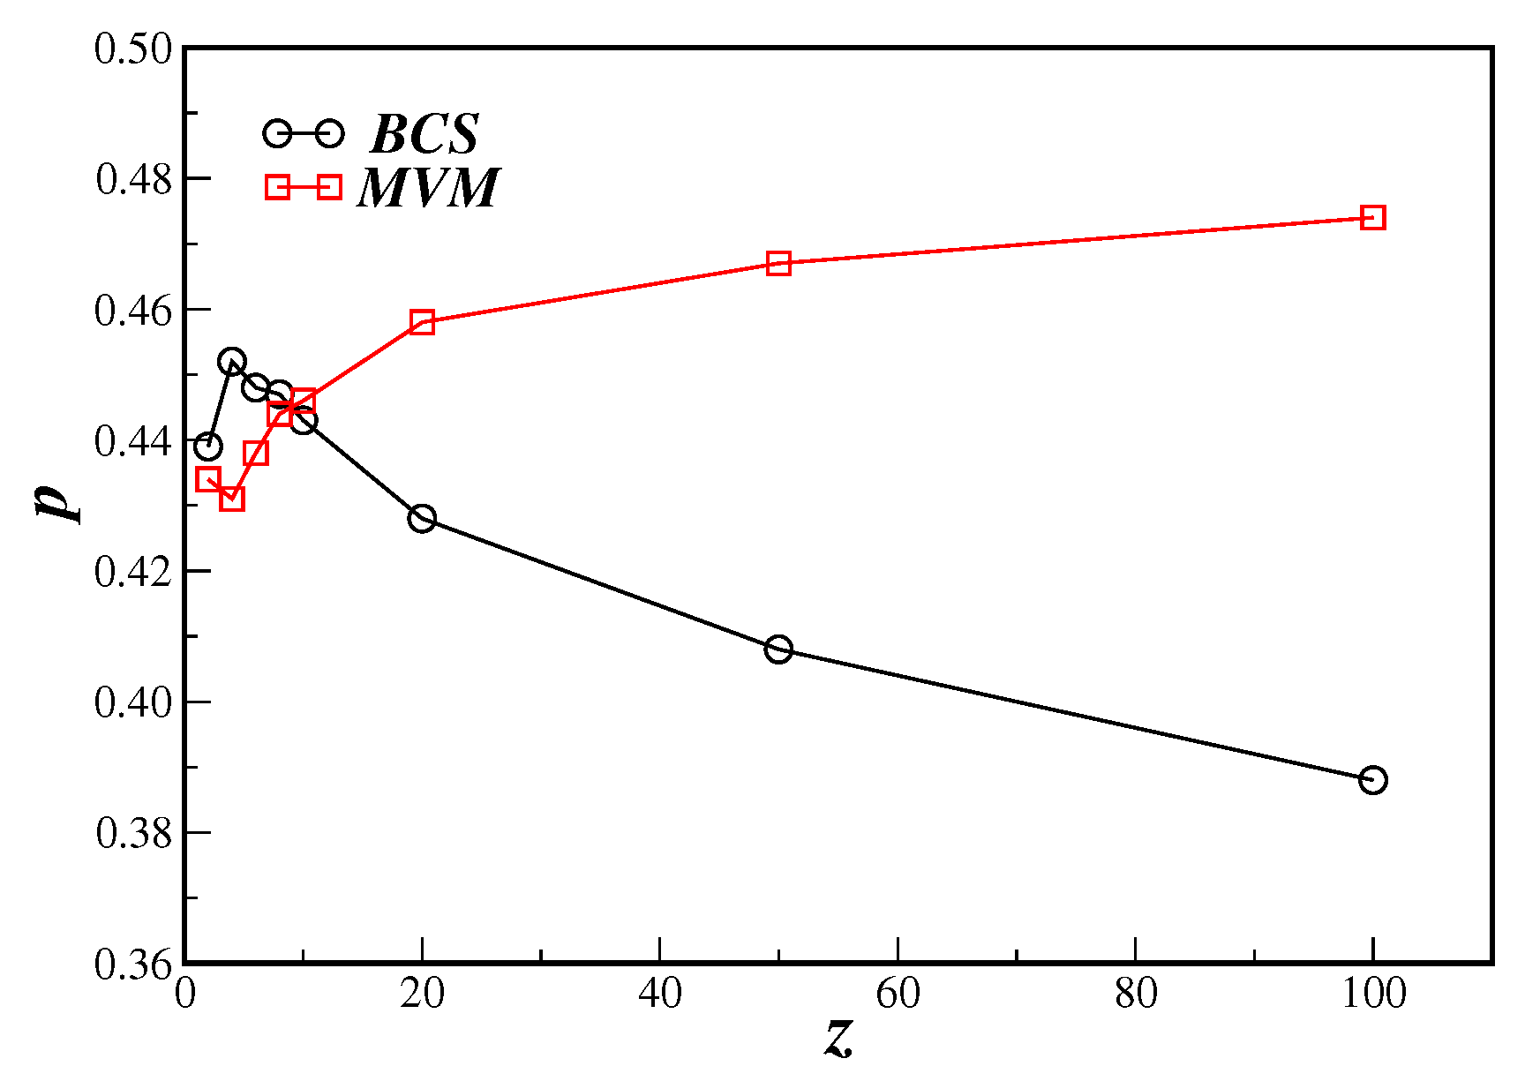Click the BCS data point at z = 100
tap(1372, 780)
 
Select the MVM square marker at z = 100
tap(1372, 218)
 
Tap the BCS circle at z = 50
tap(778, 649)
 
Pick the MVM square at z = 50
tap(778, 263)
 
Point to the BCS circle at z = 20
tap(422, 518)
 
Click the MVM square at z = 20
tap(422, 321)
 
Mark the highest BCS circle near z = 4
tap(232, 361)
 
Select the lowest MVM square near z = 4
tap(231, 499)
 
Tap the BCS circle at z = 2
tap(207, 447)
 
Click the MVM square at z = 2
tap(207, 479)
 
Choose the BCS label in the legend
tap(424, 134)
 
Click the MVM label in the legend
tap(429, 188)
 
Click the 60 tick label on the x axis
tap(898, 995)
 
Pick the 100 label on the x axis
tap(1373, 995)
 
